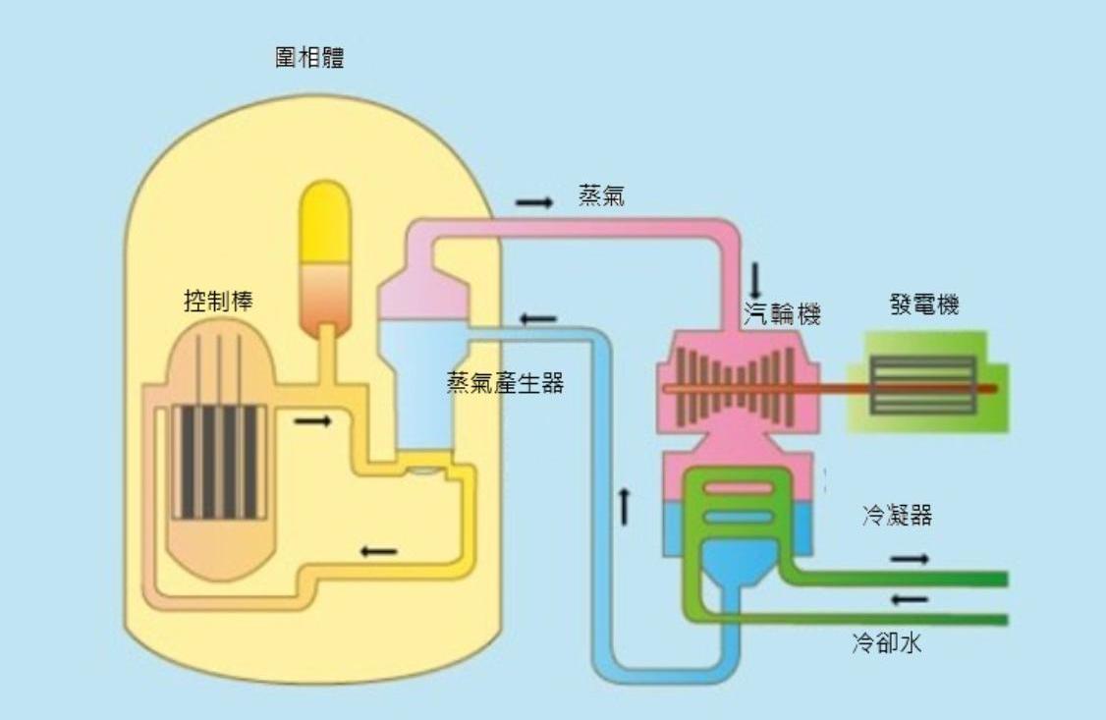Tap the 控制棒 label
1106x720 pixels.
218,302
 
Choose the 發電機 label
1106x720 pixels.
920,305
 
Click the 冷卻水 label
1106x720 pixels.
885,644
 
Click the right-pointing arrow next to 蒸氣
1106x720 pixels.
534,201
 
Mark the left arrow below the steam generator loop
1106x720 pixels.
378,551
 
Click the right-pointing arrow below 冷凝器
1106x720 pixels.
910,559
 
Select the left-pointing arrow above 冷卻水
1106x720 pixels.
910,598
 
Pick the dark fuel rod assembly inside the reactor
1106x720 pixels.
219,462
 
